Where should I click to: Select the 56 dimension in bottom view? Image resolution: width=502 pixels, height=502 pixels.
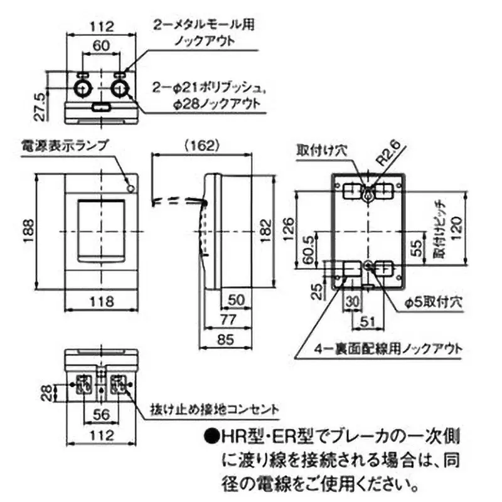(x=100, y=415)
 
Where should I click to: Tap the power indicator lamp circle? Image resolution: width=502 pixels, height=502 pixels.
(x=130, y=188)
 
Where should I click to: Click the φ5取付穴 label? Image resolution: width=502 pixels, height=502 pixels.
(x=432, y=302)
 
